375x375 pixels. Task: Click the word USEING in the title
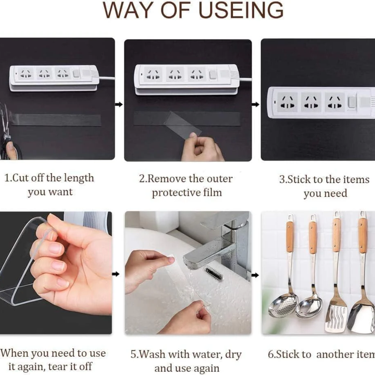click(x=241, y=10)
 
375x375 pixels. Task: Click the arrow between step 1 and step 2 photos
click(x=119, y=104)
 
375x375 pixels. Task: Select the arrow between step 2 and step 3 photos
click(x=256, y=104)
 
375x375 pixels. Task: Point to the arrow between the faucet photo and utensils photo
click(x=255, y=275)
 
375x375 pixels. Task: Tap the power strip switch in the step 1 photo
click(x=76, y=73)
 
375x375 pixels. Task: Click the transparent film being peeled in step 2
click(x=183, y=123)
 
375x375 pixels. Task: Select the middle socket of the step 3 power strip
click(x=311, y=102)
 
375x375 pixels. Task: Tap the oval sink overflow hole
click(x=213, y=273)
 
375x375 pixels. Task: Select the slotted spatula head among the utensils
click(x=337, y=315)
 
